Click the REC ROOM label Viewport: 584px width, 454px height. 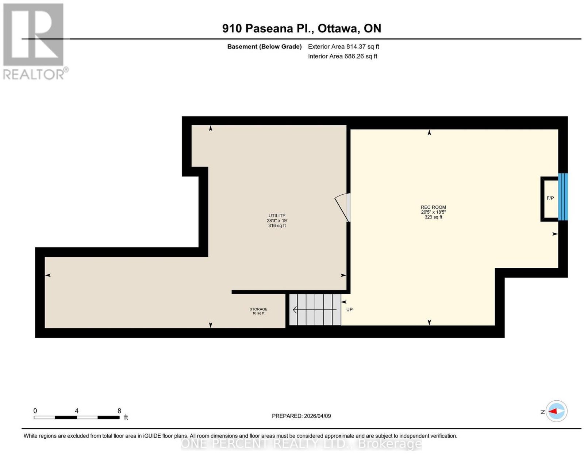(433, 207)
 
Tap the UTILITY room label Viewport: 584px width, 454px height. (277, 215)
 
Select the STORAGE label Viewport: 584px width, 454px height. (258, 309)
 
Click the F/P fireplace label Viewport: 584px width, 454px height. (550, 198)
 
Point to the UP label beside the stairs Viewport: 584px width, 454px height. (349, 310)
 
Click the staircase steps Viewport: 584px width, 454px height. (315, 310)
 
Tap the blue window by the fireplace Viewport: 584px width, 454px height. (563, 197)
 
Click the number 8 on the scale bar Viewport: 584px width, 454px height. (119, 411)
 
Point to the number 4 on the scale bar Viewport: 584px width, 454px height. (77, 411)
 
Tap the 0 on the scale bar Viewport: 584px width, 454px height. (35, 411)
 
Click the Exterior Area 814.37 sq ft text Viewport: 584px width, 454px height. (343, 46)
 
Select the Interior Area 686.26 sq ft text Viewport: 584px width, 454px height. (343, 56)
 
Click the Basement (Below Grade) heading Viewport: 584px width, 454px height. (265, 46)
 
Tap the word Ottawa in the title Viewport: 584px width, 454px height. (339, 28)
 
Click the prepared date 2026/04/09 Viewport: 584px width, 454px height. (318, 416)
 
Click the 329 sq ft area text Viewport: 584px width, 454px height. (433, 217)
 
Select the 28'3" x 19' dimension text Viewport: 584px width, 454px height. (277, 221)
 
